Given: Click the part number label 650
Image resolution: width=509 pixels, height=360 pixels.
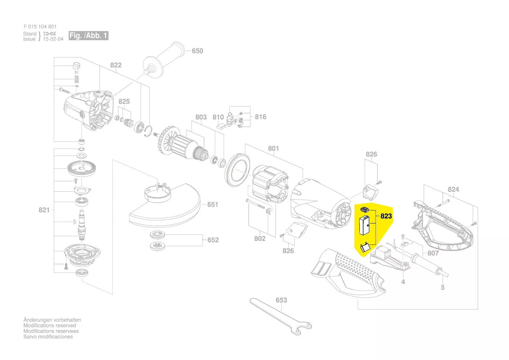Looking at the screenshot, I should pos(197,51).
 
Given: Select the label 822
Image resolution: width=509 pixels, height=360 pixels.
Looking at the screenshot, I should pos(116,65).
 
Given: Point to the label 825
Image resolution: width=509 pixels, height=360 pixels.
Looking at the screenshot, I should pos(124,102).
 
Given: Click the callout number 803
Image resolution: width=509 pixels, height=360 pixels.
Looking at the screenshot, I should pos(201,117).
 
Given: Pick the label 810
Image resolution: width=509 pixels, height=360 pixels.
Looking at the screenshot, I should pos(218,117).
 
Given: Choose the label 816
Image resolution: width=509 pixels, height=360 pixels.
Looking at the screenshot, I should pos(260,117).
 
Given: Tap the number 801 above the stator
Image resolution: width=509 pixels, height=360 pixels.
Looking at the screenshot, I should pos(273,149).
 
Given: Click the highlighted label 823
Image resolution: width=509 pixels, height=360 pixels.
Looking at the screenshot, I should pos(386,216).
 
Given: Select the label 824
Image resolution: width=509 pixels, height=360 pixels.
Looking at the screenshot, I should pos(454,190).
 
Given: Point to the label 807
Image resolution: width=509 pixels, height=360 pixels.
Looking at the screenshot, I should pos(433,253).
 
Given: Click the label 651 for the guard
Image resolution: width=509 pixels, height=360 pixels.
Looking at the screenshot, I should pos(212,204).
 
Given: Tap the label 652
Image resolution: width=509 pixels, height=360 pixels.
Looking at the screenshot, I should pos(213,240).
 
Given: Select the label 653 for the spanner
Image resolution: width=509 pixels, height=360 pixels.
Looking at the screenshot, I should pos(281,300).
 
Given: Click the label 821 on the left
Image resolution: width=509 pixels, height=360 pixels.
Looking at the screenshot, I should pos(44,210).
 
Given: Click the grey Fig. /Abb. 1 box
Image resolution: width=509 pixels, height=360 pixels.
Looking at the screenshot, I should pos(88,36).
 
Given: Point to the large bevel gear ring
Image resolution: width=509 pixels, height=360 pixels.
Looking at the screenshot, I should pos(82,168).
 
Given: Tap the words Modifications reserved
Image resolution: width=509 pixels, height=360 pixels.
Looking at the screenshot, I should pos(50,326).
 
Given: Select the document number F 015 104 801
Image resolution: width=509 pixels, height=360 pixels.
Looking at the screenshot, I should pos(40,27).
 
